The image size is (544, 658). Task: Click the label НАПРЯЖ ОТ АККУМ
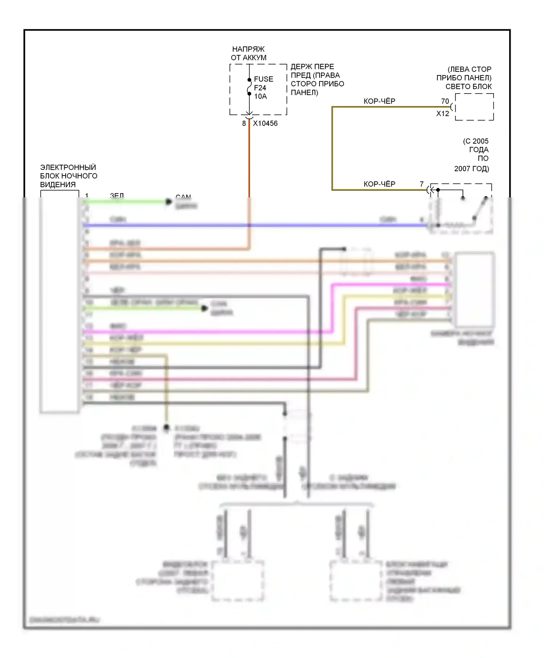(x=248, y=53)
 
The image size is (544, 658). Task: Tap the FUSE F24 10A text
(x=263, y=88)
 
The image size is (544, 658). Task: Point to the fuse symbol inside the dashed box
(x=249, y=87)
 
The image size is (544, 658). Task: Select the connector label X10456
(x=265, y=123)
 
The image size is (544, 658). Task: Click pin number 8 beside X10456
(x=244, y=123)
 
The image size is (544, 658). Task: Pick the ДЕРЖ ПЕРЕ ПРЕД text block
(x=317, y=79)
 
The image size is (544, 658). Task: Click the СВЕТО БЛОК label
(x=469, y=86)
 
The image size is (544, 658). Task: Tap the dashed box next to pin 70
(x=474, y=107)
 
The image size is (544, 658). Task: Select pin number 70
(x=445, y=101)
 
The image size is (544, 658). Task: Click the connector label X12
(x=442, y=114)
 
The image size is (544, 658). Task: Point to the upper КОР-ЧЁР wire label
(x=379, y=101)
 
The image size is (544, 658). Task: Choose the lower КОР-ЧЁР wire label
(x=379, y=184)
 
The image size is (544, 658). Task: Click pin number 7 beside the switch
(x=421, y=184)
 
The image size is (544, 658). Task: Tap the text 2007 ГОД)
(x=471, y=169)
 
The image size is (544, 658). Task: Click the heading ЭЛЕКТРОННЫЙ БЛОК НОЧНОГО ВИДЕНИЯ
(x=69, y=176)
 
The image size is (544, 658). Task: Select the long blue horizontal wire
(x=254, y=226)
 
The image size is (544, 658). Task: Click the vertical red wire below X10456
(x=249, y=160)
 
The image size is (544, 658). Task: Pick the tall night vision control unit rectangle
(x=59, y=301)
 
